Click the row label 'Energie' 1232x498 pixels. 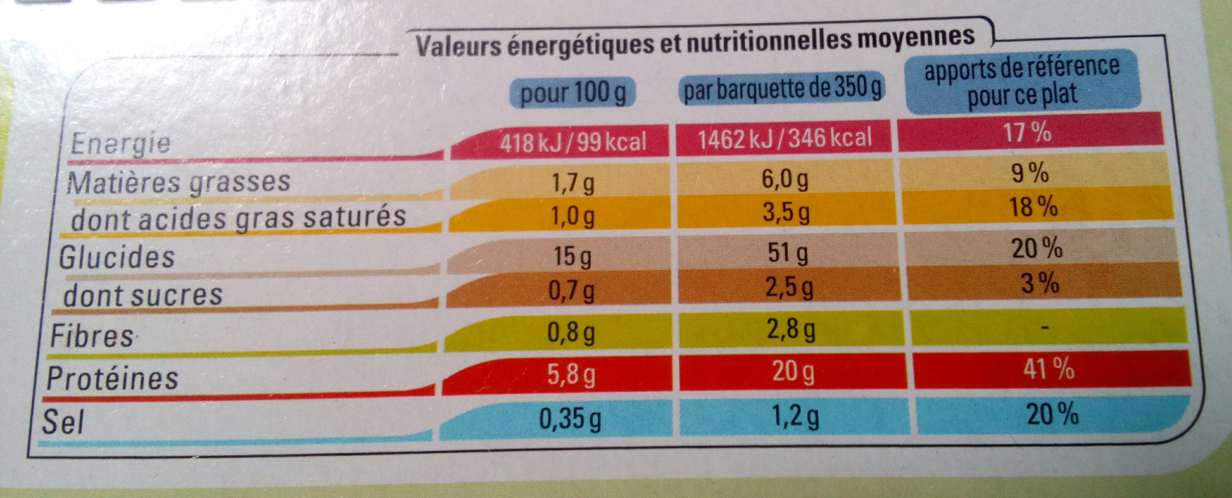click(x=120, y=142)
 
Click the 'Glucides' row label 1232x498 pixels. click(x=117, y=257)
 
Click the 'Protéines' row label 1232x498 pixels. click(x=112, y=378)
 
